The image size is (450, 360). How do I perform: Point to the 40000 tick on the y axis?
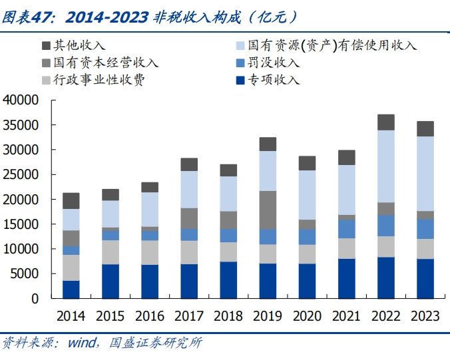tap(21, 100)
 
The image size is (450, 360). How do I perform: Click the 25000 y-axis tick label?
tap(21, 174)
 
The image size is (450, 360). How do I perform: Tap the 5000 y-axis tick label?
tap(25, 273)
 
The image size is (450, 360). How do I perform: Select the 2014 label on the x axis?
tap(71, 315)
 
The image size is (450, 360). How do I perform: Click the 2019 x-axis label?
tap(268, 315)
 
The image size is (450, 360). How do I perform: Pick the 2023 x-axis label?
tap(425, 315)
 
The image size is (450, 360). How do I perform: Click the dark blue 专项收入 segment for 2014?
tap(71, 289)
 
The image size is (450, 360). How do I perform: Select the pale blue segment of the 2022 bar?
tap(386, 166)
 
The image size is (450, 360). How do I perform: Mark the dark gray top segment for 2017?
tap(189, 164)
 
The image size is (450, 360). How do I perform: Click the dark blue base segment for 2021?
tap(346, 278)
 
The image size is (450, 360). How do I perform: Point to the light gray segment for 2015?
tap(111, 252)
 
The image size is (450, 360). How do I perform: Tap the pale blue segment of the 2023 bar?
tap(425, 174)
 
